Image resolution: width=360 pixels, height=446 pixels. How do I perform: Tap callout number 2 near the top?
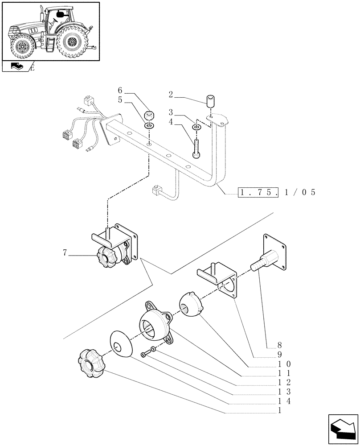(171, 94)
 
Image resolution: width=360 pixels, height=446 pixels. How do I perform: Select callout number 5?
(120, 100)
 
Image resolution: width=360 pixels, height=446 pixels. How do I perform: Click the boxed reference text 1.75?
(258, 193)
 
